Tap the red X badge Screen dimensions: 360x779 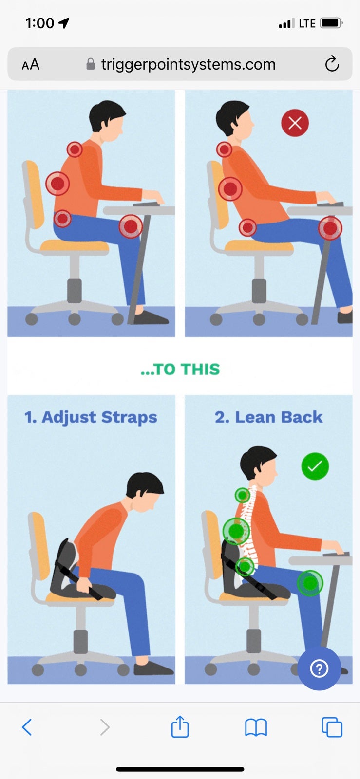[295, 123]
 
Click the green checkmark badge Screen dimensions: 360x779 [315, 466]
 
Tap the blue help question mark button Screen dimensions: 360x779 [319, 668]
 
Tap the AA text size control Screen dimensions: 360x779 [31, 64]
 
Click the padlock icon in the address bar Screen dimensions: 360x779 [91, 64]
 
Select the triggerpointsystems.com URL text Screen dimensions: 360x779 [188, 64]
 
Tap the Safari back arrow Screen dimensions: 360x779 [27, 727]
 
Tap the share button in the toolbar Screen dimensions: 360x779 [180, 726]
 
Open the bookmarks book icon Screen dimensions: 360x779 [256, 727]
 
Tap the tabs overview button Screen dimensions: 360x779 [332, 727]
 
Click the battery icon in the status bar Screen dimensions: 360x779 [331, 23]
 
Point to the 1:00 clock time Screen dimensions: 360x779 [39, 23]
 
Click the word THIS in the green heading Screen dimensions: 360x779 [200, 370]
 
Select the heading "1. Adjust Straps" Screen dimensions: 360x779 [91, 417]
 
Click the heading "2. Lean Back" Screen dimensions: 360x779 [268, 417]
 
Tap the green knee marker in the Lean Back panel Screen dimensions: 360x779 [310, 583]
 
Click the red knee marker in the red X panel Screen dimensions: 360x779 [330, 228]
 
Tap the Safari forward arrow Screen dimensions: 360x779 [105, 727]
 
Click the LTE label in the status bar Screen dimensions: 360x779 [307, 23]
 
